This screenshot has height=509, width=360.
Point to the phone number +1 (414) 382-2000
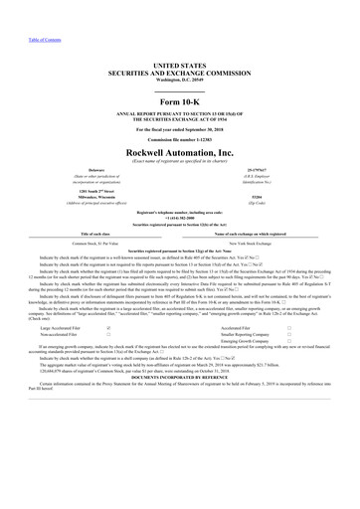tap(179, 219)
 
